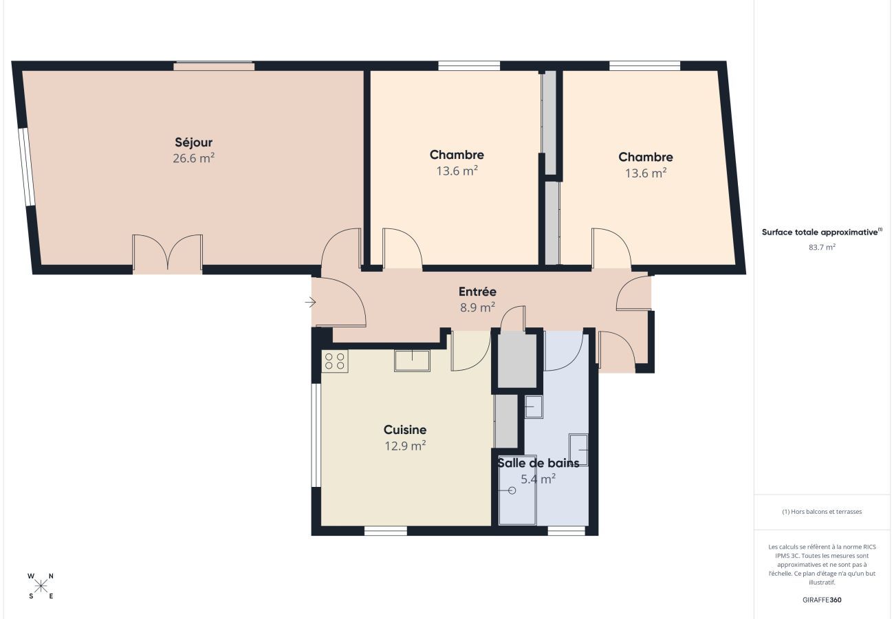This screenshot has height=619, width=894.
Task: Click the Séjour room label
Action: click(193, 142)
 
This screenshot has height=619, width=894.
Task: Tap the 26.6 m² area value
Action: click(193, 158)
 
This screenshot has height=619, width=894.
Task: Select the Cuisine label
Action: click(405, 430)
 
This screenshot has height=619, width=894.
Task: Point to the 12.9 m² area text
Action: click(405, 445)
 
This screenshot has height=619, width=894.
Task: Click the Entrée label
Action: click(477, 292)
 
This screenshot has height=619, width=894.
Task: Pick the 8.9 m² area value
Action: click(477, 307)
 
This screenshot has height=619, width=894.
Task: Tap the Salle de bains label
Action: click(538, 463)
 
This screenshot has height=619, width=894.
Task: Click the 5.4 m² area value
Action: click(538, 479)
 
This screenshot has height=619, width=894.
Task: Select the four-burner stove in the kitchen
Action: click(335, 361)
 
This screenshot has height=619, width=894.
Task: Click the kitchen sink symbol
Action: click(412, 360)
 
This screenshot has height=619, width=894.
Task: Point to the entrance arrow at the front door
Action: click(310, 302)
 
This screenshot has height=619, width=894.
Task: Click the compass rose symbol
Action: click(41, 586)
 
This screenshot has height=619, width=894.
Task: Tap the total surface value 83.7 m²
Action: click(822, 247)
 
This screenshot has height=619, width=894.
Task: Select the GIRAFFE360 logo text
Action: click(822, 600)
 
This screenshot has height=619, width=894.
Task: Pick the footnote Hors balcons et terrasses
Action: click(822, 512)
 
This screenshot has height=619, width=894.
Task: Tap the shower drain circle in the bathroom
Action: click(512, 490)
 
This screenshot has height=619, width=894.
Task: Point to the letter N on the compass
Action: click(52, 576)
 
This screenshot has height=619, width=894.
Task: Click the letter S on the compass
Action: click(31, 596)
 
